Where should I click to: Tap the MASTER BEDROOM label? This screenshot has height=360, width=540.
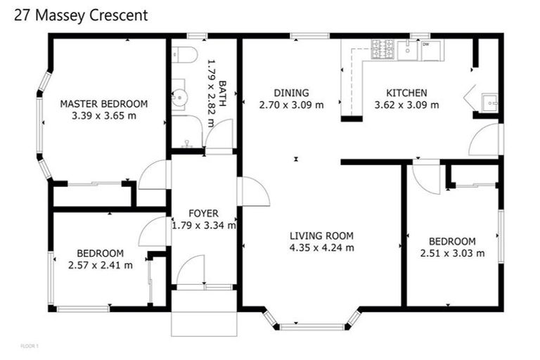[x=103, y=103]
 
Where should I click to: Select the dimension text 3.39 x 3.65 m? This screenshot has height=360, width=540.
[x=103, y=116]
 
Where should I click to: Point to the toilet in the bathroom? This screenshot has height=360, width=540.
[x=183, y=56]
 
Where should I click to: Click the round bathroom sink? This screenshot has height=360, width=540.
[x=181, y=96]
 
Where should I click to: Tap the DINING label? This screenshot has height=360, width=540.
[x=291, y=93]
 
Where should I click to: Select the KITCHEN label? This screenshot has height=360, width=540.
[x=406, y=93]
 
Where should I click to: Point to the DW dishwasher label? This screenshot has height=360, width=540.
[x=426, y=44]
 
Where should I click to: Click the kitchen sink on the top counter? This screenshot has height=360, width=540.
[x=407, y=49]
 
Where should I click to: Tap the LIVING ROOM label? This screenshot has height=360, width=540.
[x=321, y=236]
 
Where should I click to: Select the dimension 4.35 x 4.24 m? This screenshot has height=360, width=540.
[x=321, y=247]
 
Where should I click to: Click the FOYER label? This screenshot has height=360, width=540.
[x=203, y=213]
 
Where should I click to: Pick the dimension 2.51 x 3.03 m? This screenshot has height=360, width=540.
[x=452, y=253]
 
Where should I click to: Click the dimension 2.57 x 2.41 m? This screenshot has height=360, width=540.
[x=101, y=265]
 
